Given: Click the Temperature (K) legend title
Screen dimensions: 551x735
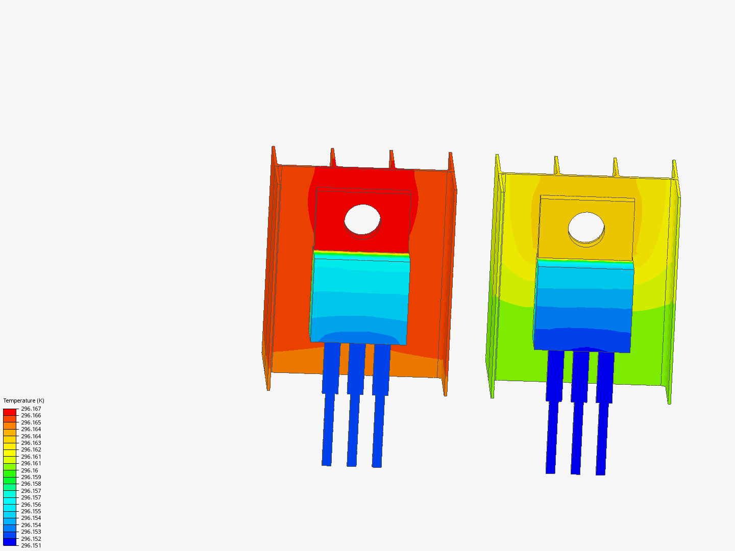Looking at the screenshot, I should click(23, 400).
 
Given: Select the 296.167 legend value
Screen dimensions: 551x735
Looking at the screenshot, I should click(31, 409).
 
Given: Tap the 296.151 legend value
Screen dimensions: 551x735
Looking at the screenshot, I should click(31, 545).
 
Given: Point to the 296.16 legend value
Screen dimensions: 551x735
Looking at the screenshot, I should click(29, 470).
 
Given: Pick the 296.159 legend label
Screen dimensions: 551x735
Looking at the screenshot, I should click(31, 477).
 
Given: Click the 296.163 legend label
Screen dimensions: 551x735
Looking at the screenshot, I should click(31, 443).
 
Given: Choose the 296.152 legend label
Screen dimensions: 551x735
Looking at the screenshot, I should click(31, 539).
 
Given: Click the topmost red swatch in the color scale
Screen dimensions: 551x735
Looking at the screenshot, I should click(10, 412).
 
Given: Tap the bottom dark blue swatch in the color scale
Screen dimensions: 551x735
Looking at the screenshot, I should click(10, 542).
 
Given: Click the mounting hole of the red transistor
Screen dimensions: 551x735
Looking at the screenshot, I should click(362, 219).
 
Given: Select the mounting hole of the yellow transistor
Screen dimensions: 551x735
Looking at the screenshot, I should click(586, 228).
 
